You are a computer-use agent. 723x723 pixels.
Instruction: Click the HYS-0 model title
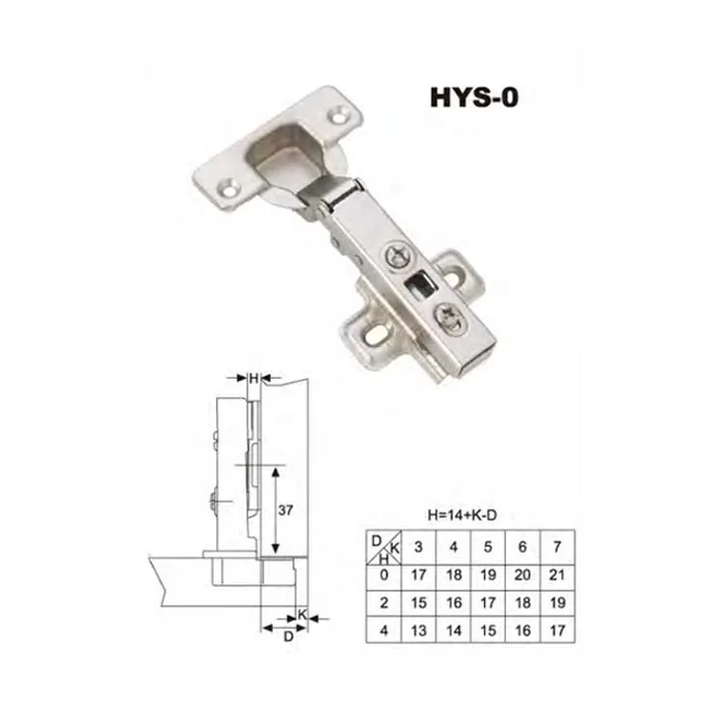click(x=474, y=97)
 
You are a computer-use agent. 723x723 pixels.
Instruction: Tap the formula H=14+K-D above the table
click(x=462, y=515)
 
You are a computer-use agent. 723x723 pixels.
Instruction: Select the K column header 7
click(x=557, y=547)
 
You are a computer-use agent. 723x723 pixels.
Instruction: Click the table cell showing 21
click(x=557, y=575)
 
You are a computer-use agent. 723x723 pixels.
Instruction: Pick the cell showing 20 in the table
click(x=522, y=575)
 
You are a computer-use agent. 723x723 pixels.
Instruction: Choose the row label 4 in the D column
click(x=384, y=630)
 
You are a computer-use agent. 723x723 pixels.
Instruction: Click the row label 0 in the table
click(x=384, y=575)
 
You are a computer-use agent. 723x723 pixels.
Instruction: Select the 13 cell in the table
click(x=418, y=630)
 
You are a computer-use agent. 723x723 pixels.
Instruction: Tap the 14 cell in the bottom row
click(x=454, y=630)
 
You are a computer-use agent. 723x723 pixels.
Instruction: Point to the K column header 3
click(x=418, y=547)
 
